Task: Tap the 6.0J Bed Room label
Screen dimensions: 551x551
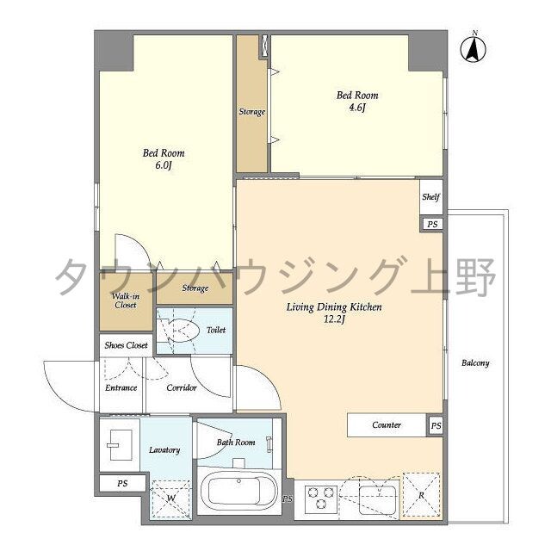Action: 164,159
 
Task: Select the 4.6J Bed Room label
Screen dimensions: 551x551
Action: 356,102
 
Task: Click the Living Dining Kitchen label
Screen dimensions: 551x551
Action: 334,313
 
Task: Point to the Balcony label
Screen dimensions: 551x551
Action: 474,362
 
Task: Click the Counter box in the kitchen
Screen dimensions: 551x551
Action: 387,425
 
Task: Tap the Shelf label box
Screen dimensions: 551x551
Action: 431,197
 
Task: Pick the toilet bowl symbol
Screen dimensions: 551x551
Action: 183,330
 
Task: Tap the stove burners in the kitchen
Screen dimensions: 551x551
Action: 319,498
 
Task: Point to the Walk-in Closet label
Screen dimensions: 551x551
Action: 125,300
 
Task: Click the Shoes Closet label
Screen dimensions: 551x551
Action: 126,344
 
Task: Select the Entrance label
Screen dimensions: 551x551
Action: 121,387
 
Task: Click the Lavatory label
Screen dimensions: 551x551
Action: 164,449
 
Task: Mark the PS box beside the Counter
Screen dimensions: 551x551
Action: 436,425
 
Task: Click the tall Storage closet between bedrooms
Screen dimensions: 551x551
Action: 251,112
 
